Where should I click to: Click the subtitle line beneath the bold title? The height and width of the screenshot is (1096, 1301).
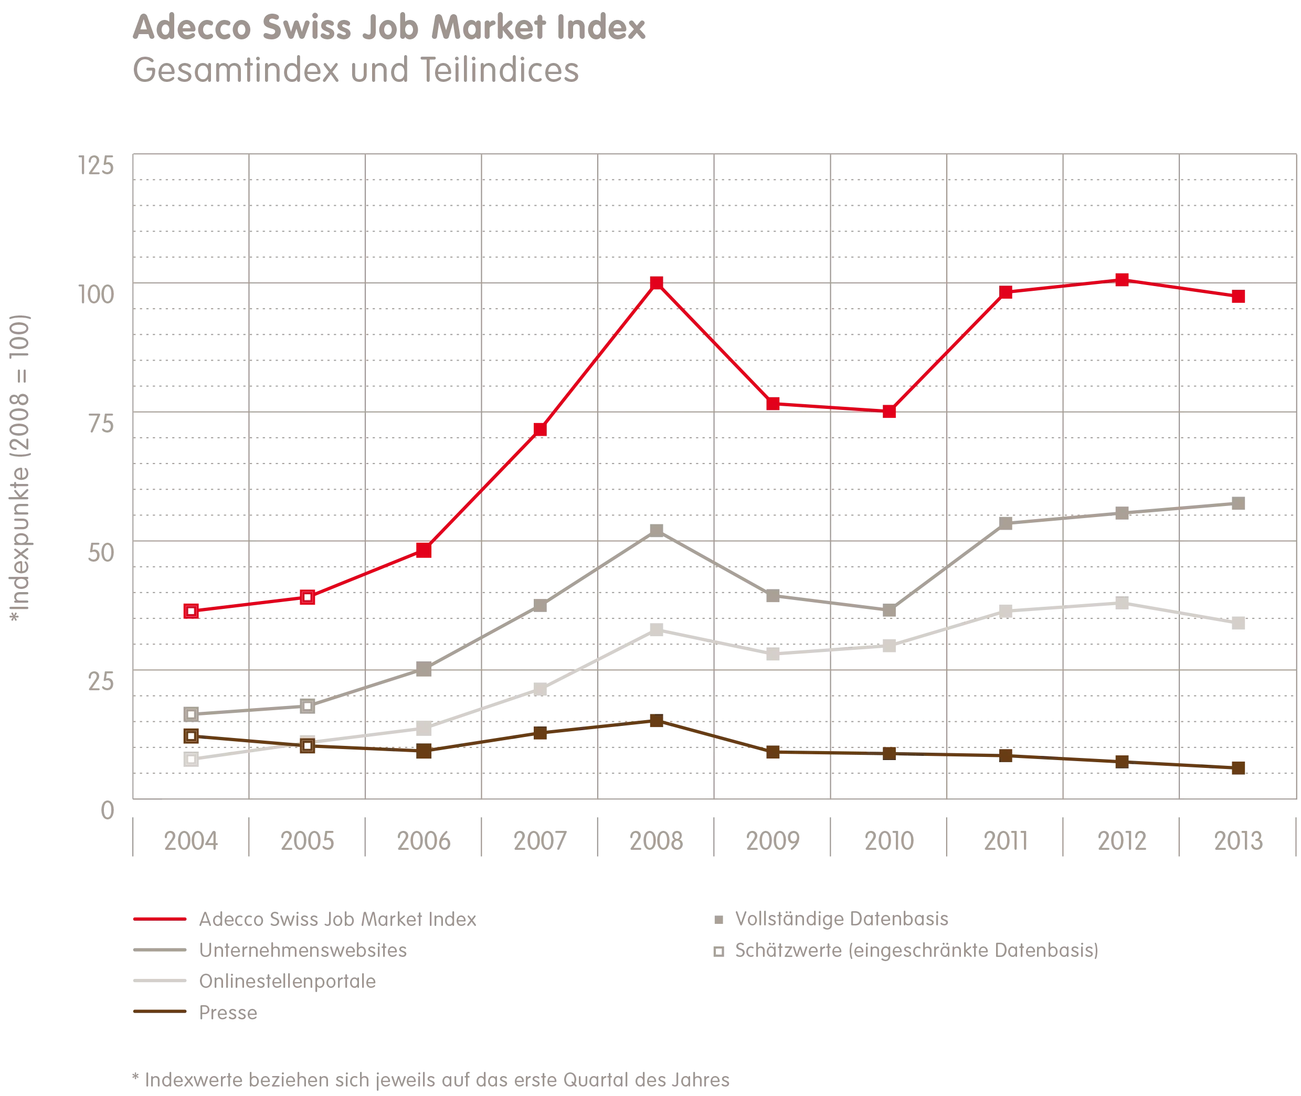[355, 71]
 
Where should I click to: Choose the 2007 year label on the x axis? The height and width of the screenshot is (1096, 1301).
[541, 842]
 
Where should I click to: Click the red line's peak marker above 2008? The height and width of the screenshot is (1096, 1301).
[656, 283]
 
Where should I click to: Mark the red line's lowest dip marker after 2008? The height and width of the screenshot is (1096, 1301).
[890, 412]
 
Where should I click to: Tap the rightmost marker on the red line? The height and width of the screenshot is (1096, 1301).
[1238, 297]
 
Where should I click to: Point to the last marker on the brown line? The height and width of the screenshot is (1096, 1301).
[1238, 768]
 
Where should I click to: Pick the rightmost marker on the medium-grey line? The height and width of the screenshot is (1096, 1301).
[1238, 504]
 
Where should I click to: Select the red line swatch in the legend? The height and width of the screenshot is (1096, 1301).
[159, 920]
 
